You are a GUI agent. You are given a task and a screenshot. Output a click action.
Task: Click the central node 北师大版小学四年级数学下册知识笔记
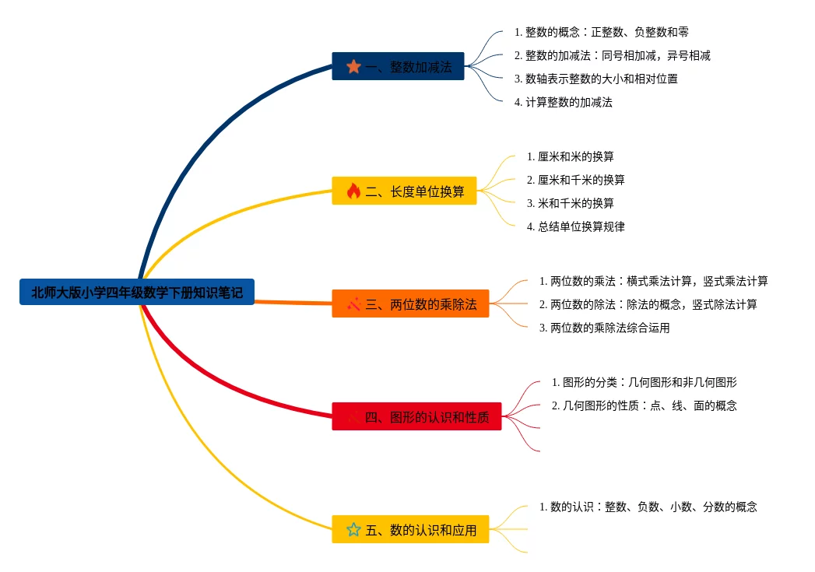136,293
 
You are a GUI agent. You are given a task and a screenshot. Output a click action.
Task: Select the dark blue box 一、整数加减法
398,67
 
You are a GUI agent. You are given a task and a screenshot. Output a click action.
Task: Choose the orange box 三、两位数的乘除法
410,304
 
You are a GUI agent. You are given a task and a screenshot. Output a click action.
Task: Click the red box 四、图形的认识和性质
416,416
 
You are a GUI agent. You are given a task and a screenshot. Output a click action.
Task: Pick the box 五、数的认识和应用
410,530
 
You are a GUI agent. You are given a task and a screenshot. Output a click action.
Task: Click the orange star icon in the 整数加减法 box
353,67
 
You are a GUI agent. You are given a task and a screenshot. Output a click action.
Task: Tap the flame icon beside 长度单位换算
353,191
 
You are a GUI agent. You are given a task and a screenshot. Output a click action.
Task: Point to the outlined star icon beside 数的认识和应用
353,530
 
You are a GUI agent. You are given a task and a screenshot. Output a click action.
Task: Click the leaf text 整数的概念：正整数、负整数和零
601,33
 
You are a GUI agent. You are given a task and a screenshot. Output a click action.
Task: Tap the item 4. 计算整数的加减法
563,102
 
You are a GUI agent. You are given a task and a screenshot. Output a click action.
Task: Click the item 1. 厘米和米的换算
570,156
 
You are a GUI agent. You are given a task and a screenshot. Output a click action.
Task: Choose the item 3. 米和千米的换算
570,203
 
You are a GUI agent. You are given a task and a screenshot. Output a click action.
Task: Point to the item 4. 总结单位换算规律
575,226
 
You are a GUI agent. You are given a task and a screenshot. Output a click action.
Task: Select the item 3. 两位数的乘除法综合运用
604,328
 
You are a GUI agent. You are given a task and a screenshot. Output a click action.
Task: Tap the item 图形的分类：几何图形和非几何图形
644,382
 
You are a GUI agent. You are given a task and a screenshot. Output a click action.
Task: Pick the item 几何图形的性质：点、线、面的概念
644,405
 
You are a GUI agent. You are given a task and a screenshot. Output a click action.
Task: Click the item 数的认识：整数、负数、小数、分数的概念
648,507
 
